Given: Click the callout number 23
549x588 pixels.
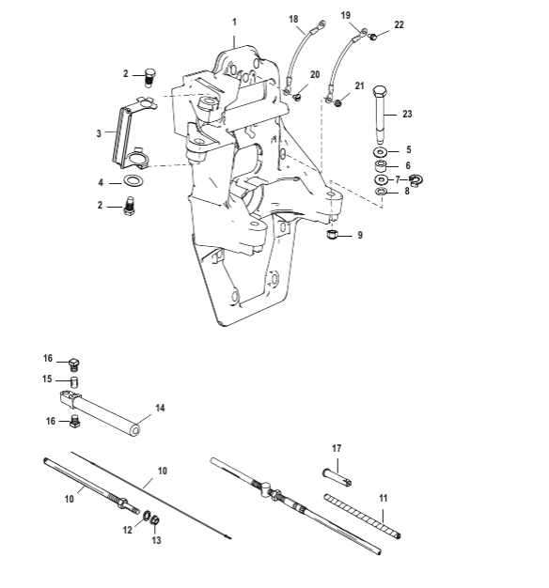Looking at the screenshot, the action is pyautogui.click(x=407, y=114).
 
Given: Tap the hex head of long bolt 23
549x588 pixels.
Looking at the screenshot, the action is pyautogui.click(x=380, y=91).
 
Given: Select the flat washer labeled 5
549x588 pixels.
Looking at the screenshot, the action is pyautogui.click(x=381, y=152).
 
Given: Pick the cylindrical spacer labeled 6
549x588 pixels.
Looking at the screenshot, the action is pyautogui.click(x=382, y=165).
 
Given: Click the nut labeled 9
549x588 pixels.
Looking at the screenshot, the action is pyautogui.click(x=331, y=235).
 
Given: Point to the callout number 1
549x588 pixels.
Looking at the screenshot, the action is pyautogui.click(x=234, y=23).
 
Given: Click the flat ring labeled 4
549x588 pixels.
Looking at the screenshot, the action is pyautogui.click(x=133, y=181).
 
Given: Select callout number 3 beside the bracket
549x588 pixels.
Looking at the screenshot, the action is pyautogui.click(x=99, y=133).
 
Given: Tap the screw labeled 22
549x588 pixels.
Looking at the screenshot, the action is pyautogui.click(x=372, y=37).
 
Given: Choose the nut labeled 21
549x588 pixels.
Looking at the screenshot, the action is pyautogui.click(x=337, y=102).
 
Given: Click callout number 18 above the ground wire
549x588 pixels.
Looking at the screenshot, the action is pyautogui.click(x=293, y=19).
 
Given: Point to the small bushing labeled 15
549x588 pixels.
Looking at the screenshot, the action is pyautogui.click(x=74, y=381).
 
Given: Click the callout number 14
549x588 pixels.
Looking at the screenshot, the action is pyautogui.click(x=160, y=408).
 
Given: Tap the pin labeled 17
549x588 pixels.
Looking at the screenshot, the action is pyautogui.click(x=337, y=477).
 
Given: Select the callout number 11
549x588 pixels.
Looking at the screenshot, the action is pyautogui.click(x=383, y=498).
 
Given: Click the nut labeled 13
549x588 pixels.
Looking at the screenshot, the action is pyautogui.click(x=154, y=520).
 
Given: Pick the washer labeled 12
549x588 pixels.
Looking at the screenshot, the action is pyautogui.click(x=147, y=516).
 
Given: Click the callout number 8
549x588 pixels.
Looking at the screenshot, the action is pyautogui.click(x=407, y=191).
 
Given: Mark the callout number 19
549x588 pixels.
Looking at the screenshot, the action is pyautogui.click(x=346, y=15).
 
